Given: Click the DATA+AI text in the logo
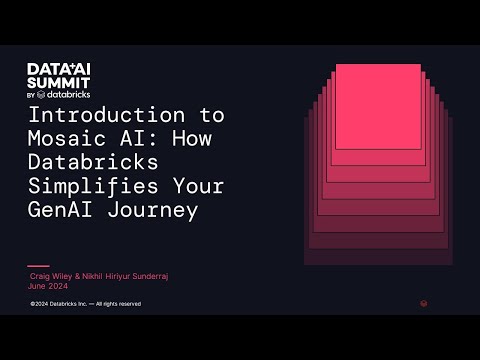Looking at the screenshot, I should pos(59,68).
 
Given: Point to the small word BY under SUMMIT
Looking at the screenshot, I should pos(31,95).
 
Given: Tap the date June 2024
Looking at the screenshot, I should pos(49,283).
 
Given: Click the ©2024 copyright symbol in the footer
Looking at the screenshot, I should pos(33,303).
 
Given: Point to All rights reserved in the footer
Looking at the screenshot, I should pos(119,303).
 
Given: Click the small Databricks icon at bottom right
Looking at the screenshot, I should pos(425,303).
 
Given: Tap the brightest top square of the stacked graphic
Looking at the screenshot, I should pos(378,106).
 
